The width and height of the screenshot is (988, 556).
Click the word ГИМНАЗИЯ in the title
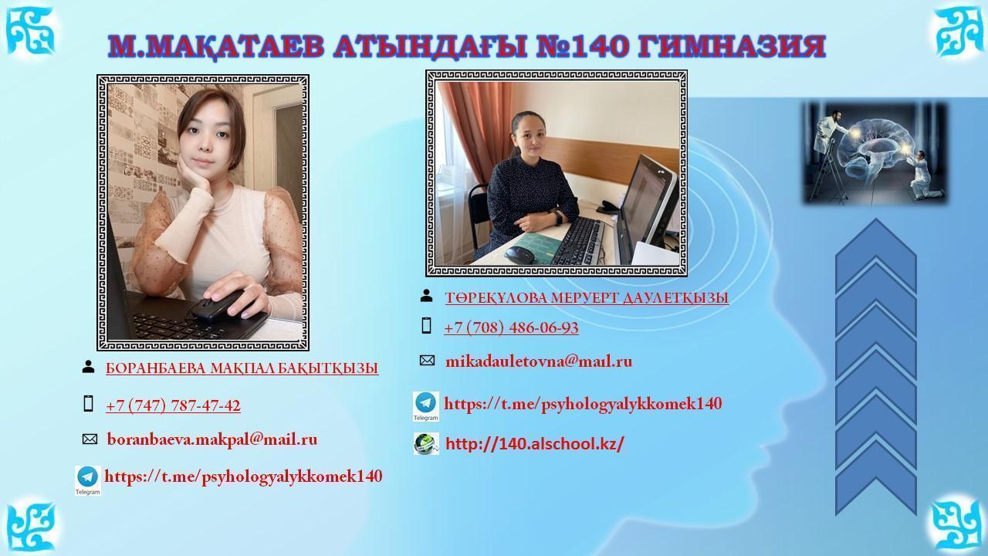725,46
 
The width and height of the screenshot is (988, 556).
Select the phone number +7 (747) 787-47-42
173,405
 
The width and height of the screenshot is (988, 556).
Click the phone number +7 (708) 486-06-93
511,327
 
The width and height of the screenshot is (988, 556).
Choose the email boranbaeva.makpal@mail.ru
212,439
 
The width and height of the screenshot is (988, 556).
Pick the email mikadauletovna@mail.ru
539,361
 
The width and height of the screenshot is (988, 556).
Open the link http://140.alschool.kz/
535,444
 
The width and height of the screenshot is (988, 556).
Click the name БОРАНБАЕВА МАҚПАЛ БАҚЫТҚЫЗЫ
242,368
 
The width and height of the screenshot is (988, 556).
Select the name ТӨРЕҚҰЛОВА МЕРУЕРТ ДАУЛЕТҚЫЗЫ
587,298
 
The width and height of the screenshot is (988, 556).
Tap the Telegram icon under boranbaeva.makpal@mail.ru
88,480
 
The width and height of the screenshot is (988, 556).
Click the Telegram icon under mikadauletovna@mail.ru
426,406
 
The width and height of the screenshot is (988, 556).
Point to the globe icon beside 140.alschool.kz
426,443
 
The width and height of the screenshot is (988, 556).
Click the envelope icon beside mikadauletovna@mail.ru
427,361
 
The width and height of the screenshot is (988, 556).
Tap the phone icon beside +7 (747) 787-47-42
89,404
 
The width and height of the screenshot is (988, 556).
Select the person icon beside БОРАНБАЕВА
88,367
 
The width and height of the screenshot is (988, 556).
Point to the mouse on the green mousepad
519,255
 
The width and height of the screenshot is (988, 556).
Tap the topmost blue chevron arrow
876,255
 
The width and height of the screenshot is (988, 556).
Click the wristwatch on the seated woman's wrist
558,218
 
